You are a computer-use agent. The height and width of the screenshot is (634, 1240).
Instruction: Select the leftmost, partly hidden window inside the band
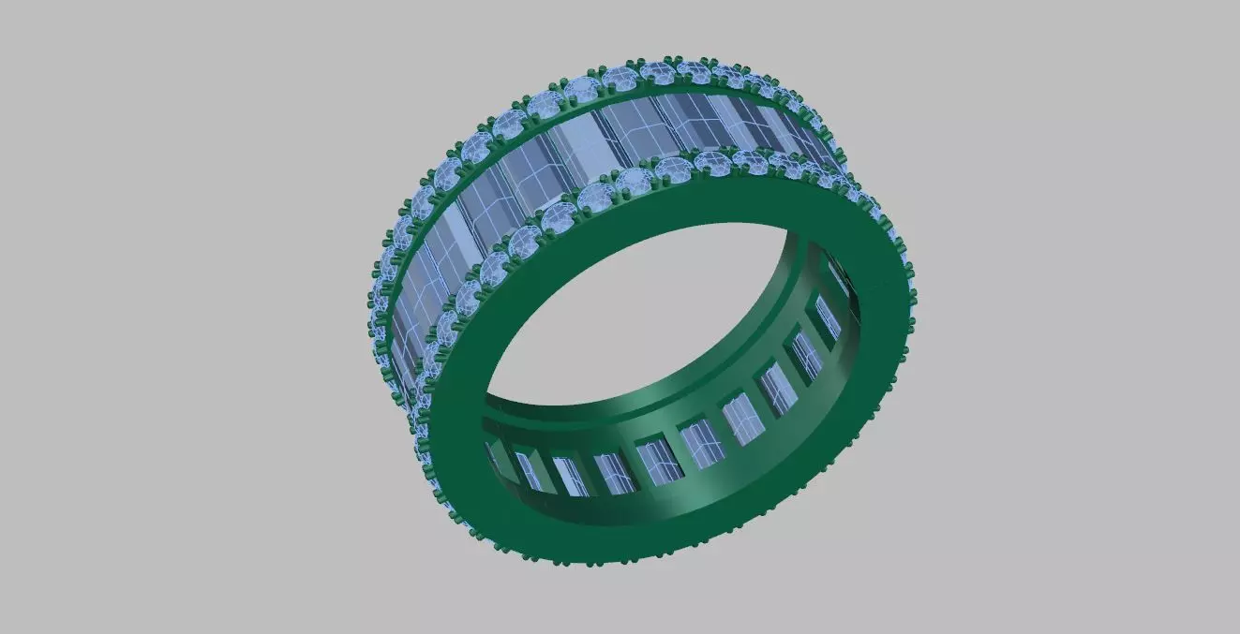coord(493,457)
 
